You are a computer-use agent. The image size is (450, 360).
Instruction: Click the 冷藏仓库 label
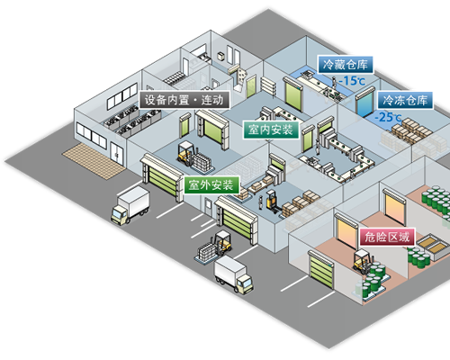point(346,65)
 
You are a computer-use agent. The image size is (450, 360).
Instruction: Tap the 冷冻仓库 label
point(405,100)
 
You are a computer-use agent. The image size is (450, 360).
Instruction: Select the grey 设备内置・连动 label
point(184,100)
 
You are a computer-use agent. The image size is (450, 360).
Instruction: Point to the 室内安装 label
point(271,130)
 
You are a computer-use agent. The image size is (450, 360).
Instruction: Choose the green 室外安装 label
point(211,184)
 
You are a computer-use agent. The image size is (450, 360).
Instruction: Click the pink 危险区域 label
point(387,237)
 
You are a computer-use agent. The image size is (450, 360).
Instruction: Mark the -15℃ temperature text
point(352,81)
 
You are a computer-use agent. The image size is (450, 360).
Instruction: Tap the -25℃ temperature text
point(388,117)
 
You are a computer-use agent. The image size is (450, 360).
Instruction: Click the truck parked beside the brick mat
point(130,205)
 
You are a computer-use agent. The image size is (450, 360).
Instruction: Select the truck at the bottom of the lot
point(234,274)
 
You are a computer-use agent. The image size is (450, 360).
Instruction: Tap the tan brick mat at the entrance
point(94,160)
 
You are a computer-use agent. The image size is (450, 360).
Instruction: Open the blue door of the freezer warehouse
point(364,103)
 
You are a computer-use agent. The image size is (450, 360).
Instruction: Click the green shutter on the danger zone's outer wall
point(321,270)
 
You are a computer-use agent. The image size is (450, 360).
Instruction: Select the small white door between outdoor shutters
point(208,207)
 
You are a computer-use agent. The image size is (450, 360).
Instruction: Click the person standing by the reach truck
point(261,202)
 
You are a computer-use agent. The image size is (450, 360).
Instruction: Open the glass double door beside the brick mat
point(116,154)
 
